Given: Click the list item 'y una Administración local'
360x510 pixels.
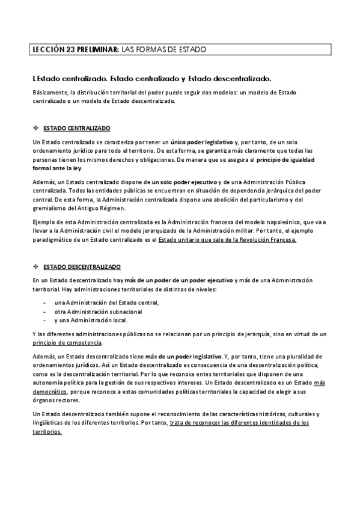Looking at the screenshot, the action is click(90, 321).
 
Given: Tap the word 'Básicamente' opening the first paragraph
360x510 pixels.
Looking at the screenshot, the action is click(50, 93).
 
